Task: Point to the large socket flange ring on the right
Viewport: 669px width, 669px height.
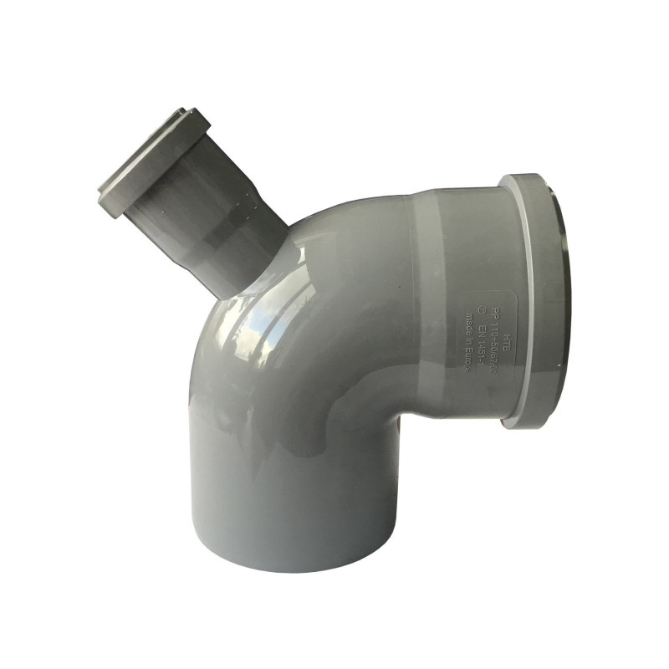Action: [x=527, y=301]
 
